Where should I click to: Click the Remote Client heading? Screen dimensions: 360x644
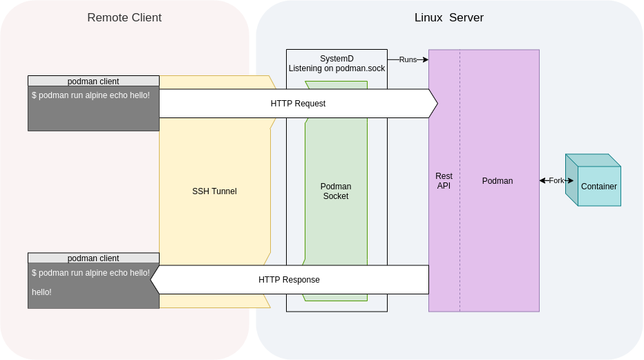(124, 17)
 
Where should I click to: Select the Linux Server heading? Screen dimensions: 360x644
(448, 17)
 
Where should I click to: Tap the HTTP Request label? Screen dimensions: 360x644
(298, 104)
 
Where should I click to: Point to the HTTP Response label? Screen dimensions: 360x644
(289, 280)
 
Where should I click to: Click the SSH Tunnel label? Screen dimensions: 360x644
(214, 191)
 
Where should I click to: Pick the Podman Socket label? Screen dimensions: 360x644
(336, 191)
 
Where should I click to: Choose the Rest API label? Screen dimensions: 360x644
(444, 181)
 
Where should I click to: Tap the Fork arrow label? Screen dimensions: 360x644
(556, 180)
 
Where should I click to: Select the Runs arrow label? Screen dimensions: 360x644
(408, 59)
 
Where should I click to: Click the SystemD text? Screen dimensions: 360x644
(337, 59)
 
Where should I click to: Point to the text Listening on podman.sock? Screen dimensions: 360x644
(337, 68)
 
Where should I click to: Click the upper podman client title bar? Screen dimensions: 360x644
(93, 82)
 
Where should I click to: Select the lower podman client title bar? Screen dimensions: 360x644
(93, 258)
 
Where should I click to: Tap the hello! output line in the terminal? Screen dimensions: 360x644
(41, 292)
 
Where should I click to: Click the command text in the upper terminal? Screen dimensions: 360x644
(91, 95)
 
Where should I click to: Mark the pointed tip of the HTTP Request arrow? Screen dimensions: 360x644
(437, 104)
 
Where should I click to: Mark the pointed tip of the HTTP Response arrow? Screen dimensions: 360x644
(151, 280)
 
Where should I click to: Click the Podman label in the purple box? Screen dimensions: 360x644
(498, 181)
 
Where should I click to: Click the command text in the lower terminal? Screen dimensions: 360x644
(91, 273)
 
